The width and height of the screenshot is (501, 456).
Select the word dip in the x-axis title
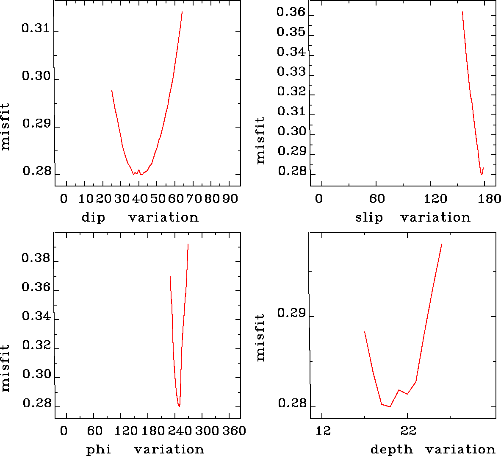pyautogui.click(x=93, y=218)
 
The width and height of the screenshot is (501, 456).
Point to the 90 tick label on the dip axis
pyautogui.click(x=230, y=199)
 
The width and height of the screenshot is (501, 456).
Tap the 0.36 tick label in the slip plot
pyautogui.click(x=291, y=12)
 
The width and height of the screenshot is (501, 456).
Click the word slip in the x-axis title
pyautogui.click(x=369, y=218)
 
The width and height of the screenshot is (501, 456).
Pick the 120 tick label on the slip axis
pyautogui.click(x=436, y=199)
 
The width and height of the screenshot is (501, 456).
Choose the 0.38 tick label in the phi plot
pyautogui.click(x=36, y=258)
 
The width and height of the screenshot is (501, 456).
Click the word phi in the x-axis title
pyautogui.click(x=98, y=450)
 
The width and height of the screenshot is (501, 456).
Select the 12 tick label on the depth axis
pyautogui.click(x=323, y=431)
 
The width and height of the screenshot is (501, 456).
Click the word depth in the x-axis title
pyautogui.click(x=391, y=450)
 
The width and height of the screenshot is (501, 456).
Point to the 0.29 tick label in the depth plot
pyautogui.click(x=291, y=313)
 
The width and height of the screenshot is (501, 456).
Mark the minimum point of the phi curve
pyautogui.click(x=180, y=406)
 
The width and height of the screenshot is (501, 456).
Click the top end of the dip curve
pyautogui.click(x=182, y=12)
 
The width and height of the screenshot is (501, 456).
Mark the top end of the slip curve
pyautogui.click(x=462, y=12)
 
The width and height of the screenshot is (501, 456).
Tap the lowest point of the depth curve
pyautogui.click(x=390, y=406)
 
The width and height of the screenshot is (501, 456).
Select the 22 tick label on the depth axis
pyautogui.click(x=408, y=431)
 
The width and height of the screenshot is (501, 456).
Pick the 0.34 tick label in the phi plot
pyautogui.click(x=36, y=317)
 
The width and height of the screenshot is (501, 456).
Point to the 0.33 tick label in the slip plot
pyautogui.click(x=291, y=72)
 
